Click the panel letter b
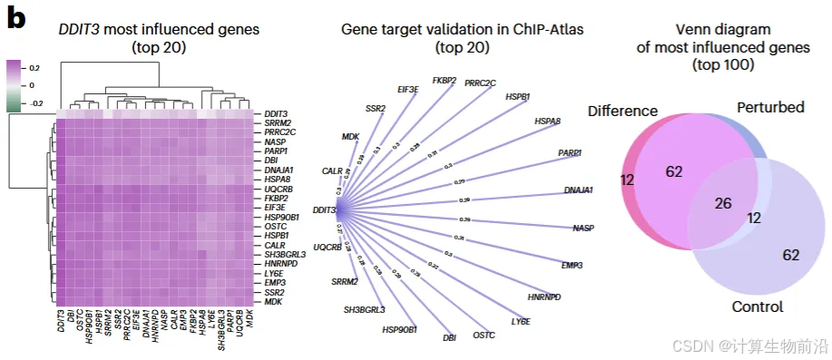tap(16, 19)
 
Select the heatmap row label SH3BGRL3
tap(284, 255)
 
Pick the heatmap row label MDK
tap(273, 301)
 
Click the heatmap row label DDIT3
tap(275, 112)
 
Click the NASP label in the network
tap(583, 228)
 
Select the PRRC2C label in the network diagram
tap(481, 83)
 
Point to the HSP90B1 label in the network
tap(399, 328)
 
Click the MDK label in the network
tap(351, 136)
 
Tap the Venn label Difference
tap(622, 111)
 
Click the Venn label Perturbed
tap(770, 107)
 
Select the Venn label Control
tap(757, 306)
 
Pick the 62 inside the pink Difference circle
tap(673, 170)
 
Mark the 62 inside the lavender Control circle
tap(790, 256)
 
